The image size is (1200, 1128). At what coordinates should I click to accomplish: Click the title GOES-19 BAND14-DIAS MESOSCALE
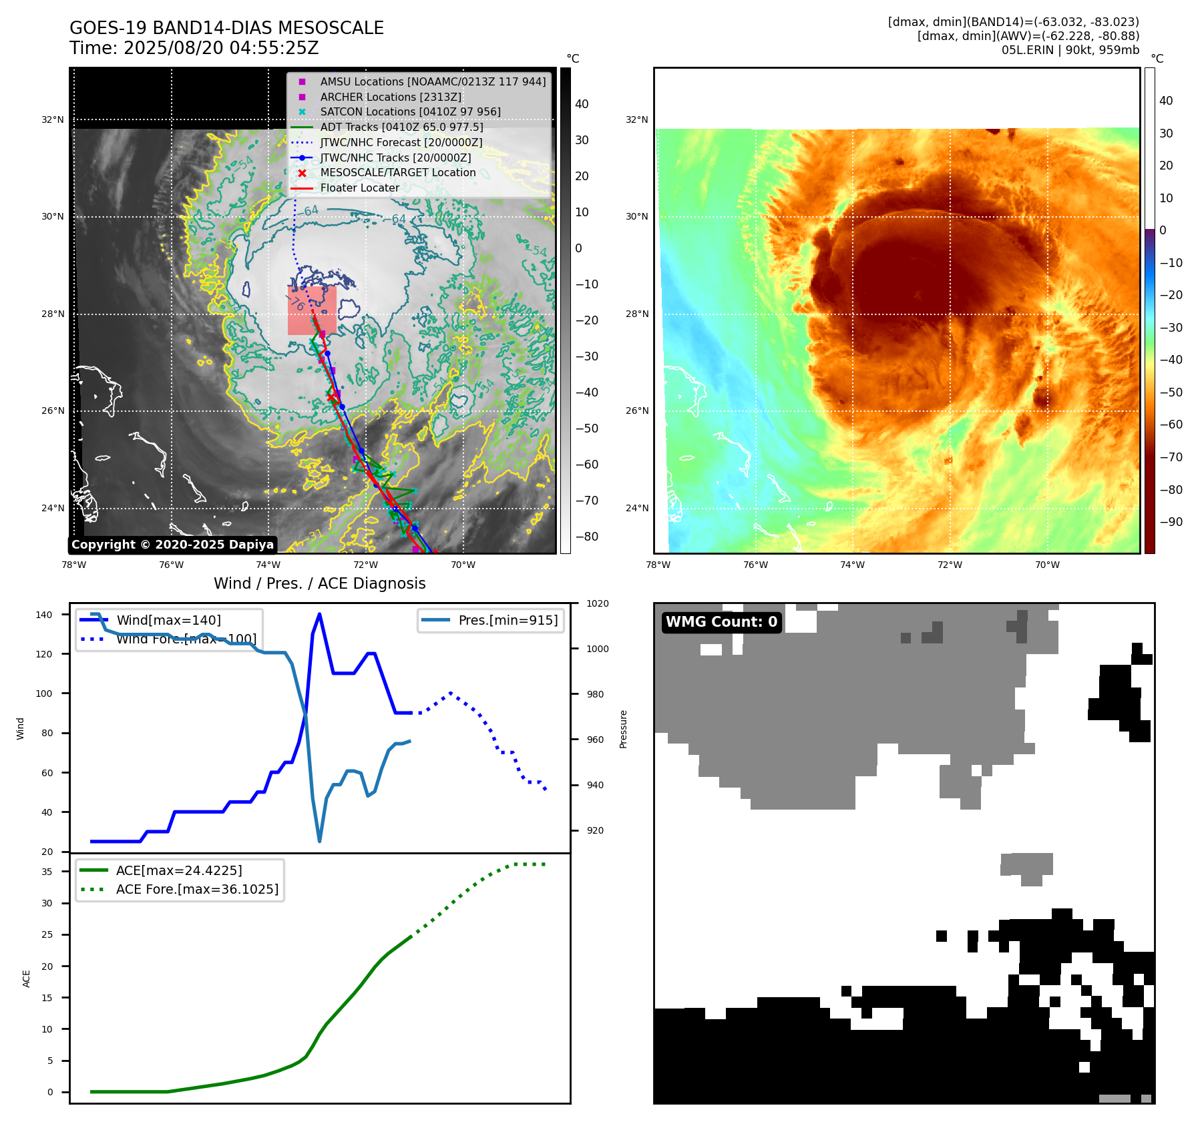[226, 28]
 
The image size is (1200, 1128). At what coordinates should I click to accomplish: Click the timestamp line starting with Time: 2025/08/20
[194, 48]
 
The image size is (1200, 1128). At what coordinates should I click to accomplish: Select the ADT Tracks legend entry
[401, 127]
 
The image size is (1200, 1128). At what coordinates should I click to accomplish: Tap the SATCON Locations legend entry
[409, 111]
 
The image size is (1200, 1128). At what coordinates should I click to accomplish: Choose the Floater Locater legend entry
[359, 188]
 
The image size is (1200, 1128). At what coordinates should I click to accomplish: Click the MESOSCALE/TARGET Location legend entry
[397, 172]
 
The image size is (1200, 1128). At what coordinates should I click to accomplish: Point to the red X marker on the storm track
[331, 397]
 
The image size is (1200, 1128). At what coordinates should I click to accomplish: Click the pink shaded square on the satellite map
[312, 310]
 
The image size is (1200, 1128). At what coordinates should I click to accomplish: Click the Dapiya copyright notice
[172, 545]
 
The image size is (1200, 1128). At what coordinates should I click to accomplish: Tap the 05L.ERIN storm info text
[1070, 50]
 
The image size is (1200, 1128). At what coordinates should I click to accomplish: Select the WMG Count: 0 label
[721, 622]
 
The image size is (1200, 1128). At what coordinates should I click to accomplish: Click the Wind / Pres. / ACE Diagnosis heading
[319, 583]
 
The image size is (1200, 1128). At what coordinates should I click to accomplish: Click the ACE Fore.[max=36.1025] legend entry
[197, 889]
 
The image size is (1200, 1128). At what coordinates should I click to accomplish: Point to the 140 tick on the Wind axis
[44, 615]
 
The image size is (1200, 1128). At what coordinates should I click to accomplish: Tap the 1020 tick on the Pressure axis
[597, 604]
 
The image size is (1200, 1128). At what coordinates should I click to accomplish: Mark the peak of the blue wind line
[319, 614]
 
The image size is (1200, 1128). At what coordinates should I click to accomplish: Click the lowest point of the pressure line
[320, 841]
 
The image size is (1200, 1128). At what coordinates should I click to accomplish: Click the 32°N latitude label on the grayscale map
[53, 120]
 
